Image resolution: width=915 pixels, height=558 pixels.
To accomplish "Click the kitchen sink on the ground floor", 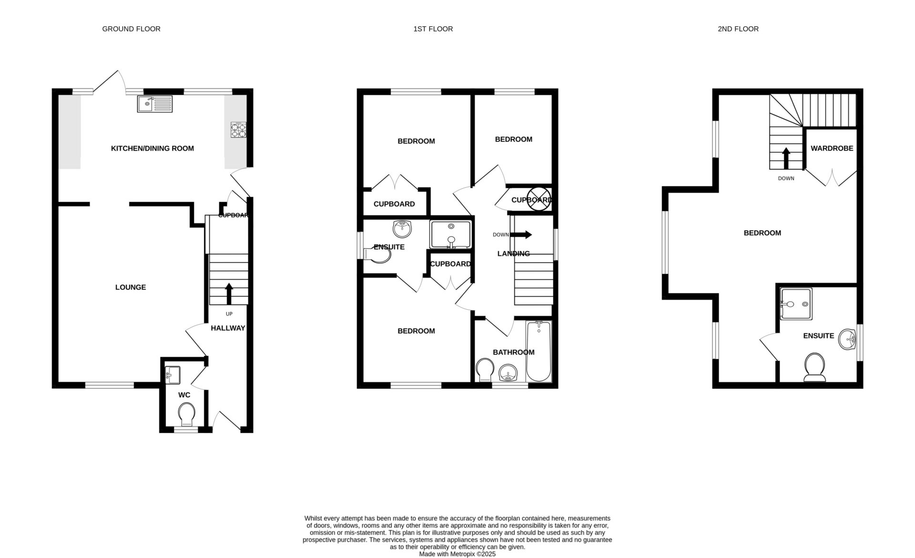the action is (155, 104).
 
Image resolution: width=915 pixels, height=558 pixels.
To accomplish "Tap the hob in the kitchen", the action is (239, 130).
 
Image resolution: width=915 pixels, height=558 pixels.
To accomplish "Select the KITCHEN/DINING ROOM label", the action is (152, 148).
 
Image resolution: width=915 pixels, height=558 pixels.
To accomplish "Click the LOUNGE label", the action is (131, 287).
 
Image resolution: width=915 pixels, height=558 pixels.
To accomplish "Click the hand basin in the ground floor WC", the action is (172, 375).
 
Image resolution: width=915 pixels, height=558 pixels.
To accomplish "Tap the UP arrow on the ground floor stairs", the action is (229, 294).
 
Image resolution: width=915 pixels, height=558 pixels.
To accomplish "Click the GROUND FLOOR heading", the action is (131, 29).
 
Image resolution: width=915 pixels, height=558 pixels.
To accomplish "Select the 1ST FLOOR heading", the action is (433, 29).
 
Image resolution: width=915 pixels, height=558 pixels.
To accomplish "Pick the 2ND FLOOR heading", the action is (738, 29).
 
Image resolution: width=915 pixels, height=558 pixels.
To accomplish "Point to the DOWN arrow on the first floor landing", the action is (521, 234).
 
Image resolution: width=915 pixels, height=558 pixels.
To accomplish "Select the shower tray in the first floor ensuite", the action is (450, 234).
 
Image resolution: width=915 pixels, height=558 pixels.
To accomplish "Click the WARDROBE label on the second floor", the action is (832, 148).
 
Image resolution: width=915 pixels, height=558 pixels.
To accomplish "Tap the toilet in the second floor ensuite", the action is (815, 369).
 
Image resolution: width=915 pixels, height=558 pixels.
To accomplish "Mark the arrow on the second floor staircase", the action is (786, 159).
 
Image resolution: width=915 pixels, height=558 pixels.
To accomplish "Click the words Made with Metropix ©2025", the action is (457, 554).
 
